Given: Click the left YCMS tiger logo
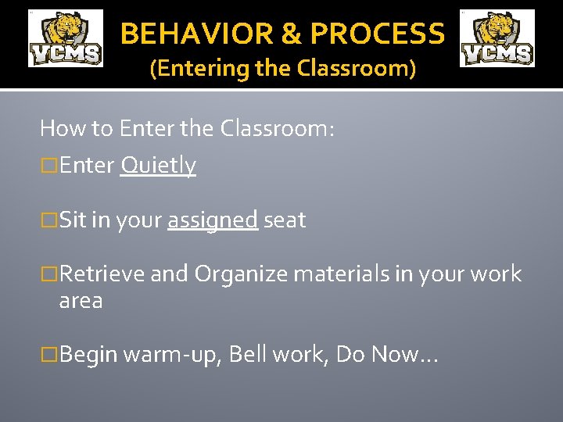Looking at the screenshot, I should (66, 38).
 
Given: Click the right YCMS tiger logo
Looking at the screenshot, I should (497, 38).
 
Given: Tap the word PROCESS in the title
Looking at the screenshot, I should (377, 34).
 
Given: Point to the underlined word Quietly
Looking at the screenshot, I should (158, 165).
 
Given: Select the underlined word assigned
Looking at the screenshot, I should (212, 220).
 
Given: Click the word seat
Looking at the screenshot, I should (285, 220).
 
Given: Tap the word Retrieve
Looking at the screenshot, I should (102, 274).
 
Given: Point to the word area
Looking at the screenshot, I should (81, 301).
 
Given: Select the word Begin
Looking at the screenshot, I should (88, 356).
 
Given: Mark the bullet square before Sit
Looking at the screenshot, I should (49, 221).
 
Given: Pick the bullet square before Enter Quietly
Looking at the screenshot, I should (49, 166).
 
